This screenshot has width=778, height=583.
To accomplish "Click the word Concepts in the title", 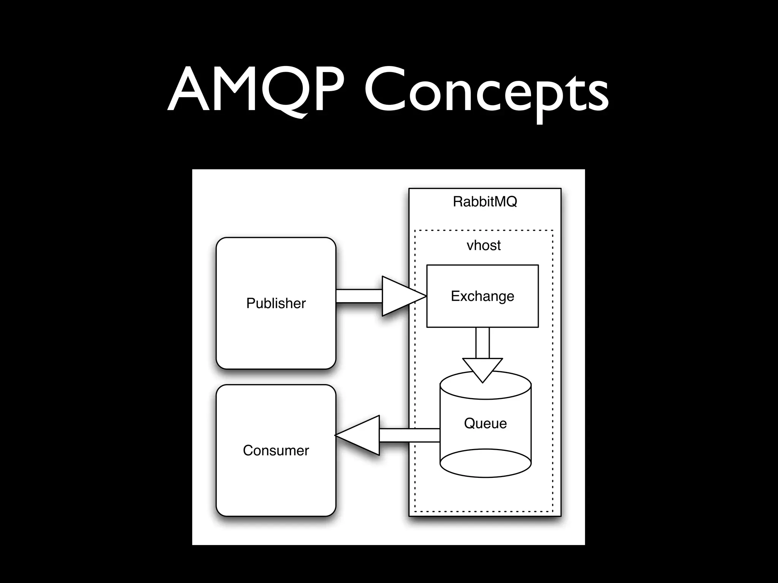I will (486, 93).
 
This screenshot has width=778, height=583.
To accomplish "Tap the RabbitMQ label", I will (485, 202).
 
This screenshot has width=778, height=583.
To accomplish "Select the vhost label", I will (483, 246).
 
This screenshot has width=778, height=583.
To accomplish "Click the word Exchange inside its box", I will (482, 296).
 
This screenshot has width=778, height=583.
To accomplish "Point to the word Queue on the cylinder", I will (485, 423).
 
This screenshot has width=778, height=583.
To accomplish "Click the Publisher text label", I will (276, 303).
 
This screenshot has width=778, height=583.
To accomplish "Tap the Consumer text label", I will (276, 451).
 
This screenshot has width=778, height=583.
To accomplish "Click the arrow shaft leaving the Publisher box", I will (359, 296).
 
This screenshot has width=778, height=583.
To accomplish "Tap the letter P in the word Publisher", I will (250, 303).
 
